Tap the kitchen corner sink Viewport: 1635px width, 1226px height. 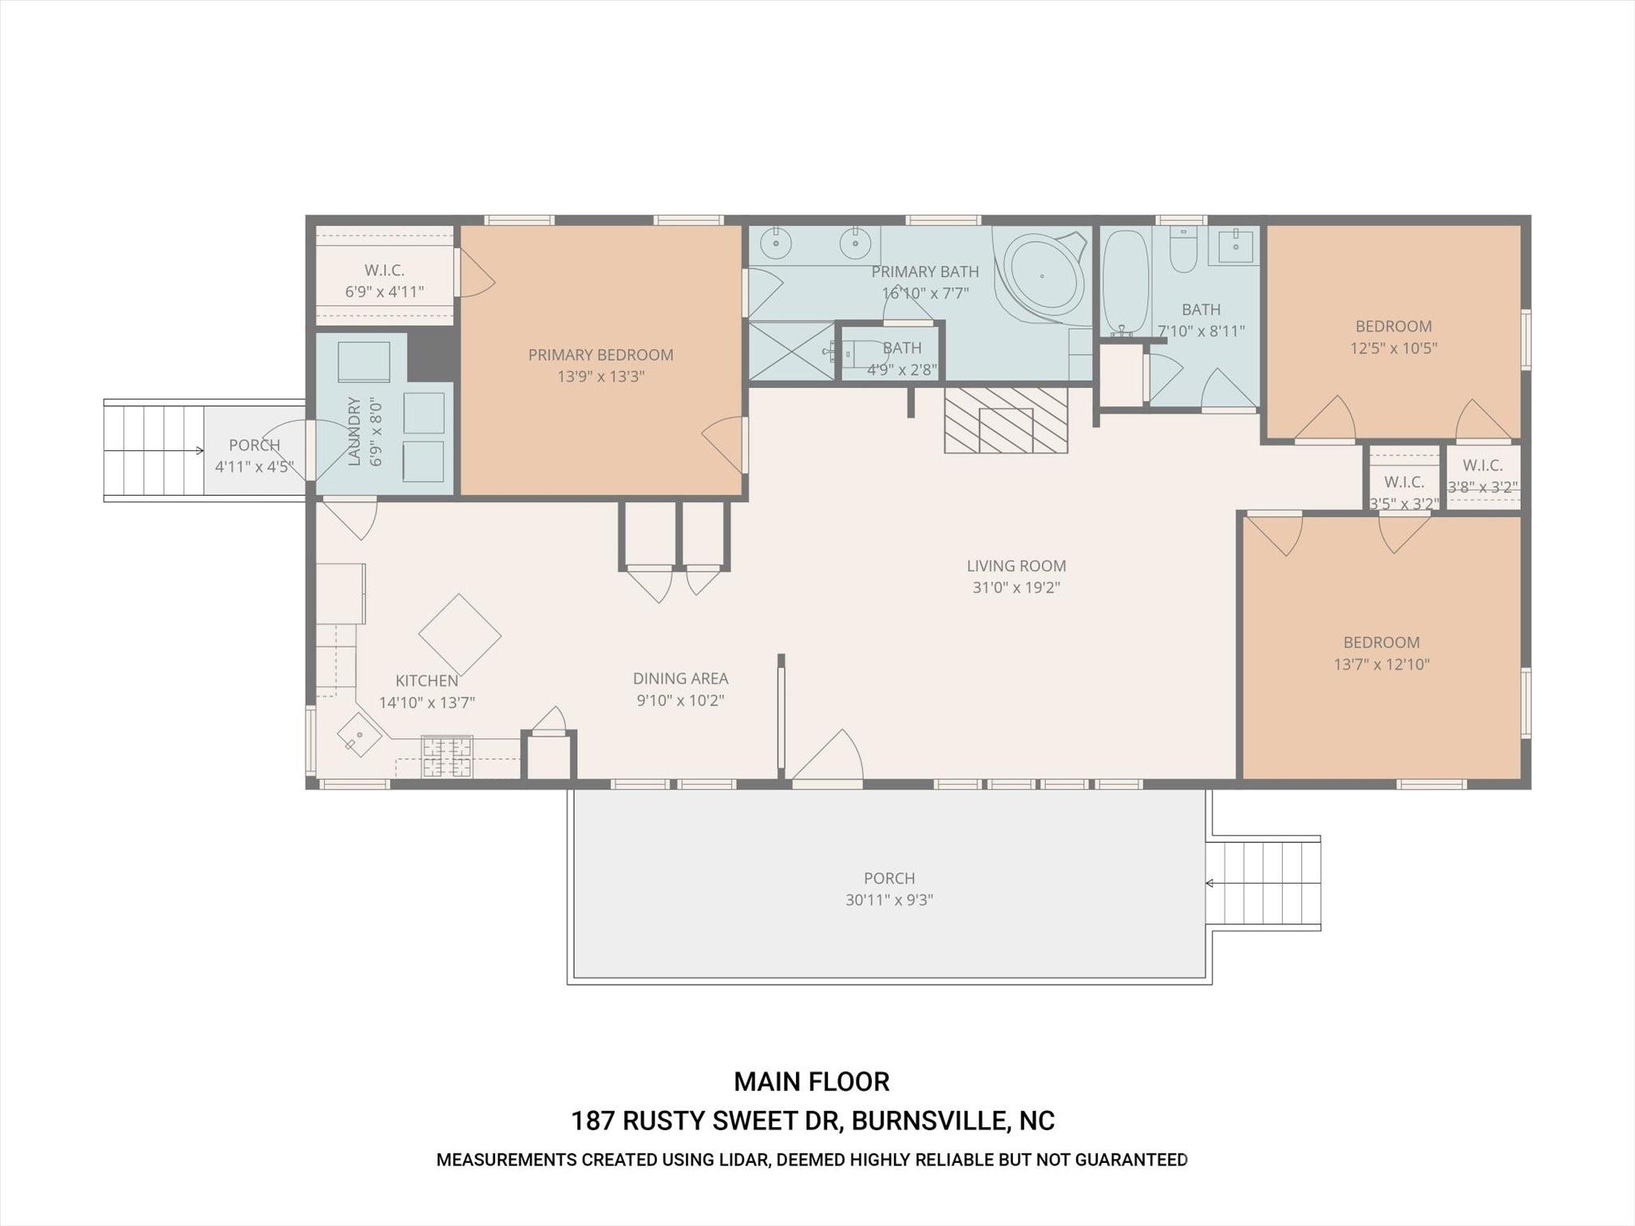[x=358, y=735]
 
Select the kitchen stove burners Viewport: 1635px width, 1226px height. [x=447, y=757]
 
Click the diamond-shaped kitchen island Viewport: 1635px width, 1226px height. [x=460, y=635]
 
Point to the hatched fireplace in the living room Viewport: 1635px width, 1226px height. [x=1006, y=421]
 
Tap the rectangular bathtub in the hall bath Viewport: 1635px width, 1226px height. [x=1126, y=282]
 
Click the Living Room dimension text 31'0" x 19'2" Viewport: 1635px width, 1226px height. [x=1015, y=588]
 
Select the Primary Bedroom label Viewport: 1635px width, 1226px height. [x=600, y=355]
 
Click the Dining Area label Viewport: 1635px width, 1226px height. [x=680, y=678]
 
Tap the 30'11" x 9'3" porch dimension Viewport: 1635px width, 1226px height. [x=889, y=900]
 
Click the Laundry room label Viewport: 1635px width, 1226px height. [x=354, y=431]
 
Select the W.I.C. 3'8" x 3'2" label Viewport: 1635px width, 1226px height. [x=1483, y=476]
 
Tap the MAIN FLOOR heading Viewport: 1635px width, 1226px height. [x=811, y=1082]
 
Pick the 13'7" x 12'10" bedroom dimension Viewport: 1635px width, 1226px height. [x=1381, y=664]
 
